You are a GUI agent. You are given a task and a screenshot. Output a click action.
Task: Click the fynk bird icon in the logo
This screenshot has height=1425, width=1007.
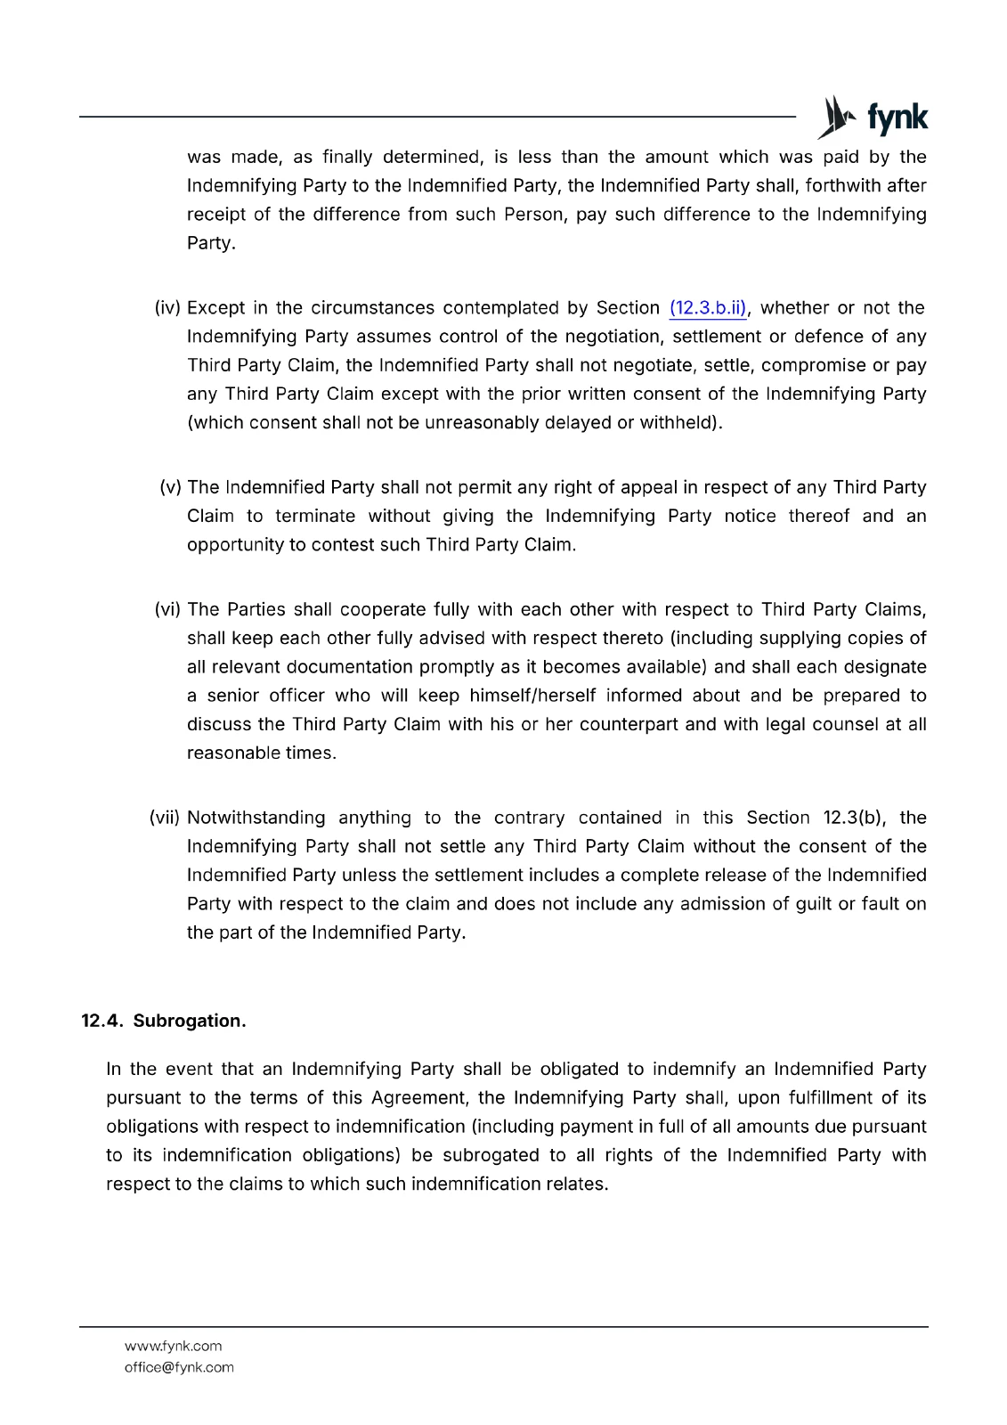pyautogui.click(x=835, y=118)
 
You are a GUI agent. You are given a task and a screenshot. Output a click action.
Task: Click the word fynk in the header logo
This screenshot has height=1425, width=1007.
pyautogui.click(x=897, y=118)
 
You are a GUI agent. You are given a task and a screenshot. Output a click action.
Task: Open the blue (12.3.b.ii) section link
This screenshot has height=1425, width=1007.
pyautogui.click(x=708, y=308)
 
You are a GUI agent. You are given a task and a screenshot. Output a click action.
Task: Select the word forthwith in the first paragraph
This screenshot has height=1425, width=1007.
pyautogui.click(x=843, y=186)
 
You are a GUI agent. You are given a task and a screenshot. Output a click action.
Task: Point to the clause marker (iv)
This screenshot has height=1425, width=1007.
pyautogui.click(x=167, y=308)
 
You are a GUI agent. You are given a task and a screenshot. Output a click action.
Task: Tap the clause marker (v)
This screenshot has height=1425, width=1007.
pyautogui.click(x=170, y=487)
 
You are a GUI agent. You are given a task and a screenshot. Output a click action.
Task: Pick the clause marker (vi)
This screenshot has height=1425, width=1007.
pyautogui.click(x=167, y=609)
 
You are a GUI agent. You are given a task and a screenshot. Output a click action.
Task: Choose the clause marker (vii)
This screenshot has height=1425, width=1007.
pyautogui.click(x=165, y=818)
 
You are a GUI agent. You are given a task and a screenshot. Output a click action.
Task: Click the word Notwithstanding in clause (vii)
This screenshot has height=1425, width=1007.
pyautogui.click(x=256, y=818)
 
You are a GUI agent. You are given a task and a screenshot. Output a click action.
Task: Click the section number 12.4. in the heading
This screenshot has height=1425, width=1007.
pyautogui.click(x=102, y=1021)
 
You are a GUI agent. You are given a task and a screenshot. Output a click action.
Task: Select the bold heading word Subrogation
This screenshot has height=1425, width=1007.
pyautogui.click(x=190, y=1021)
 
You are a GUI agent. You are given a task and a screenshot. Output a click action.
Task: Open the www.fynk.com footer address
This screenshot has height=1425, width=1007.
pyautogui.click(x=173, y=1346)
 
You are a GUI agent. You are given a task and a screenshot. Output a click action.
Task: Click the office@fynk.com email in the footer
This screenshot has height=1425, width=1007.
pyautogui.click(x=179, y=1367)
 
